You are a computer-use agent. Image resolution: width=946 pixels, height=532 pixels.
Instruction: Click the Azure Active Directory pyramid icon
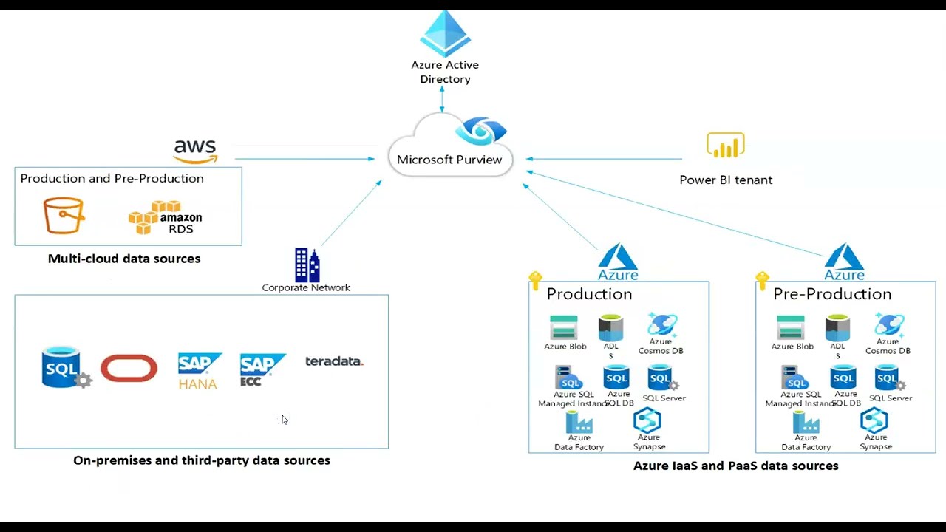pyautogui.click(x=445, y=34)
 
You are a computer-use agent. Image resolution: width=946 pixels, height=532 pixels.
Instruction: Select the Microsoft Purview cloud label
pyautogui.click(x=449, y=160)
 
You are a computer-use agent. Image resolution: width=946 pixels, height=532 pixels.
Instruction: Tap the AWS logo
pyautogui.click(x=195, y=151)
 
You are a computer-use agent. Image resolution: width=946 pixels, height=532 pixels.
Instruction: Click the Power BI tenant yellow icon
pyautogui.click(x=725, y=146)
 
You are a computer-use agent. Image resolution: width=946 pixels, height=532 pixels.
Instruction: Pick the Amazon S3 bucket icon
pyautogui.click(x=64, y=216)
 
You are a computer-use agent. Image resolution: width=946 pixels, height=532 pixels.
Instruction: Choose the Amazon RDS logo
pyautogui.click(x=166, y=217)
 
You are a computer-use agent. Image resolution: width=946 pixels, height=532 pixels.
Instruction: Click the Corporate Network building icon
pyautogui.click(x=307, y=265)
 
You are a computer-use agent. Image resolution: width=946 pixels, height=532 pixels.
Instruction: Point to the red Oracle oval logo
pyautogui.click(x=129, y=368)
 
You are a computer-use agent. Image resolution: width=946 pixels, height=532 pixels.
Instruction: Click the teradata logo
pyautogui.click(x=334, y=361)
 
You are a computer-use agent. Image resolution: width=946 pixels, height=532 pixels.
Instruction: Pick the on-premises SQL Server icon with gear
pyautogui.click(x=64, y=367)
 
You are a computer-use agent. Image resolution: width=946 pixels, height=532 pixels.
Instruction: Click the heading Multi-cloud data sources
pyautogui.click(x=124, y=259)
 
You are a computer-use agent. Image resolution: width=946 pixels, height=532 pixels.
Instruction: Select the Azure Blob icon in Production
pyautogui.click(x=564, y=328)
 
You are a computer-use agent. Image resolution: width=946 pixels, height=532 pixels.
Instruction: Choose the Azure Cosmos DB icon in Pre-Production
pyautogui.click(x=888, y=325)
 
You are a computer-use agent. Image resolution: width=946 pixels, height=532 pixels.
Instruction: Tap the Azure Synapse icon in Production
pyautogui.click(x=647, y=421)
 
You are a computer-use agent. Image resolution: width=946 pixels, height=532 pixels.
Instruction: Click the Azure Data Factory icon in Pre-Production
pyautogui.click(x=805, y=423)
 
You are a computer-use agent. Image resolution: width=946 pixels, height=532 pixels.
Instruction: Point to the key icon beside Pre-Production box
pyautogui.click(x=762, y=281)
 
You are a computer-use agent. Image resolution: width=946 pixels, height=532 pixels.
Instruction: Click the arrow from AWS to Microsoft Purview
pyautogui.click(x=303, y=158)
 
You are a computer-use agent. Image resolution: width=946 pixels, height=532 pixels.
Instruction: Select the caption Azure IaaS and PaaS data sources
pyautogui.click(x=735, y=466)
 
